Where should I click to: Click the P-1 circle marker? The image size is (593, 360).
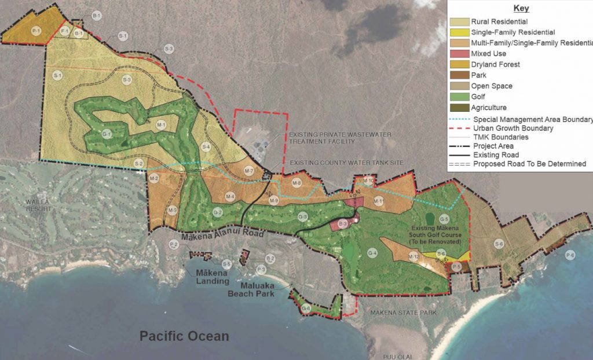click(x=36, y=30)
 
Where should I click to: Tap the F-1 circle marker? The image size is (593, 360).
click(x=64, y=31)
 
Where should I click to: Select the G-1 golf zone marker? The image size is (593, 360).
click(x=107, y=134)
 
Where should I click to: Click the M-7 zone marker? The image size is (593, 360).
click(x=249, y=171)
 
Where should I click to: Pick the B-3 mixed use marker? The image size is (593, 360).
click(x=342, y=223)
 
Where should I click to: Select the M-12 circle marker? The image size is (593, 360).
click(x=413, y=256)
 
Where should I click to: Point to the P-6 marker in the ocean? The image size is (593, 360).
click(x=570, y=255)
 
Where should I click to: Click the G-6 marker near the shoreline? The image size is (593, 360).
click(x=306, y=308)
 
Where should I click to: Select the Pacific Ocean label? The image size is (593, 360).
click(x=184, y=336)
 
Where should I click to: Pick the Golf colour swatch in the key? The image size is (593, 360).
click(x=460, y=97)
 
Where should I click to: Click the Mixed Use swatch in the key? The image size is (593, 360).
click(x=460, y=54)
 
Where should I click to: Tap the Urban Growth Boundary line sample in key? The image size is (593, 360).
click(x=460, y=128)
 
